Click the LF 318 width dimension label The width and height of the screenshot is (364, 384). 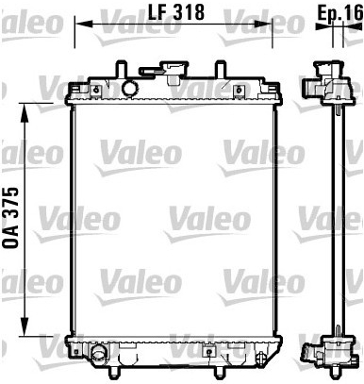click(176, 12)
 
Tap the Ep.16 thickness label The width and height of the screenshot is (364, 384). click(340, 12)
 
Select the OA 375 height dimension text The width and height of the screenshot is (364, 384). click(11, 218)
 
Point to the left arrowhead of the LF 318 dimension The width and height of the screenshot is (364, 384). click(84, 24)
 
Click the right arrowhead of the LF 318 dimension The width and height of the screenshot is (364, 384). click(263, 24)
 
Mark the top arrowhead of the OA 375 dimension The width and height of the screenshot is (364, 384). click(25, 112)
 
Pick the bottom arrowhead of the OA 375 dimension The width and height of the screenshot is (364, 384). click(25, 326)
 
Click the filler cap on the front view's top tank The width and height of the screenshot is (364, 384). click(165, 70)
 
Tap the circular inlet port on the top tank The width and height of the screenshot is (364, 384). click(129, 88)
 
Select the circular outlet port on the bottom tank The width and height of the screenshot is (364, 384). click(99, 353)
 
